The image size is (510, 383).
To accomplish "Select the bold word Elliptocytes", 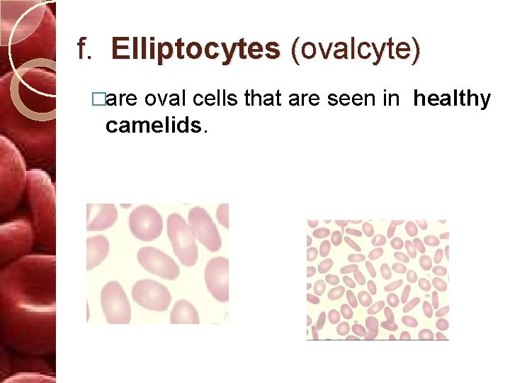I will pyautogui.click(x=195, y=50).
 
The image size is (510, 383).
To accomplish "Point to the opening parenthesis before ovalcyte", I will pyautogui.click(x=295, y=50).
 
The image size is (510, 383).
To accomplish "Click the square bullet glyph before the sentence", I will pyautogui.click(x=108, y=100).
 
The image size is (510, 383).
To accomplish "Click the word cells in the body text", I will pyautogui.click(x=216, y=100).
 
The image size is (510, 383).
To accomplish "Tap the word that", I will pyautogui.click(x=263, y=100).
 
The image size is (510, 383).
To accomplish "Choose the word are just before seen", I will pyautogui.click(x=306, y=100).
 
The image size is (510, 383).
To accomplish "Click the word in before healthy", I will pyautogui.click(x=391, y=100).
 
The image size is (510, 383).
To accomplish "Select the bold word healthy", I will pyautogui.click(x=452, y=100).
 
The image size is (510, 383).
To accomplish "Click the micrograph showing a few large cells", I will pyautogui.click(x=157, y=263).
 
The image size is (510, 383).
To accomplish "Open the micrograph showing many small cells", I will pyautogui.click(x=377, y=279).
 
